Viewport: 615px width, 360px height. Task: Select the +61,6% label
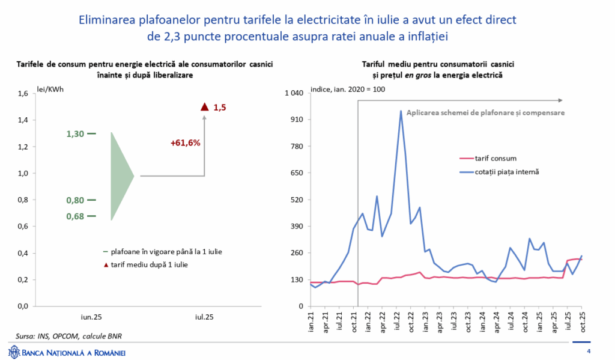click(x=185, y=143)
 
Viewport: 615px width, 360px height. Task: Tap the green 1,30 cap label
click(x=75, y=133)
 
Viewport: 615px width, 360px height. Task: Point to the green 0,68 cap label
click(x=75, y=216)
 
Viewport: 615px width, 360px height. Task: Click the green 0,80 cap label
click(x=75, y=200)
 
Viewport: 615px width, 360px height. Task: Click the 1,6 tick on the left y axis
click(x=22, y=94)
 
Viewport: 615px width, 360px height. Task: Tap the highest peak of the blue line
click(x=401, y=111)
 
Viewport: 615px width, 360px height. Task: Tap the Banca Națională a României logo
click(x=66, y=352)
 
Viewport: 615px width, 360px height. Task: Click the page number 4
click(x=589, y=352)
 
